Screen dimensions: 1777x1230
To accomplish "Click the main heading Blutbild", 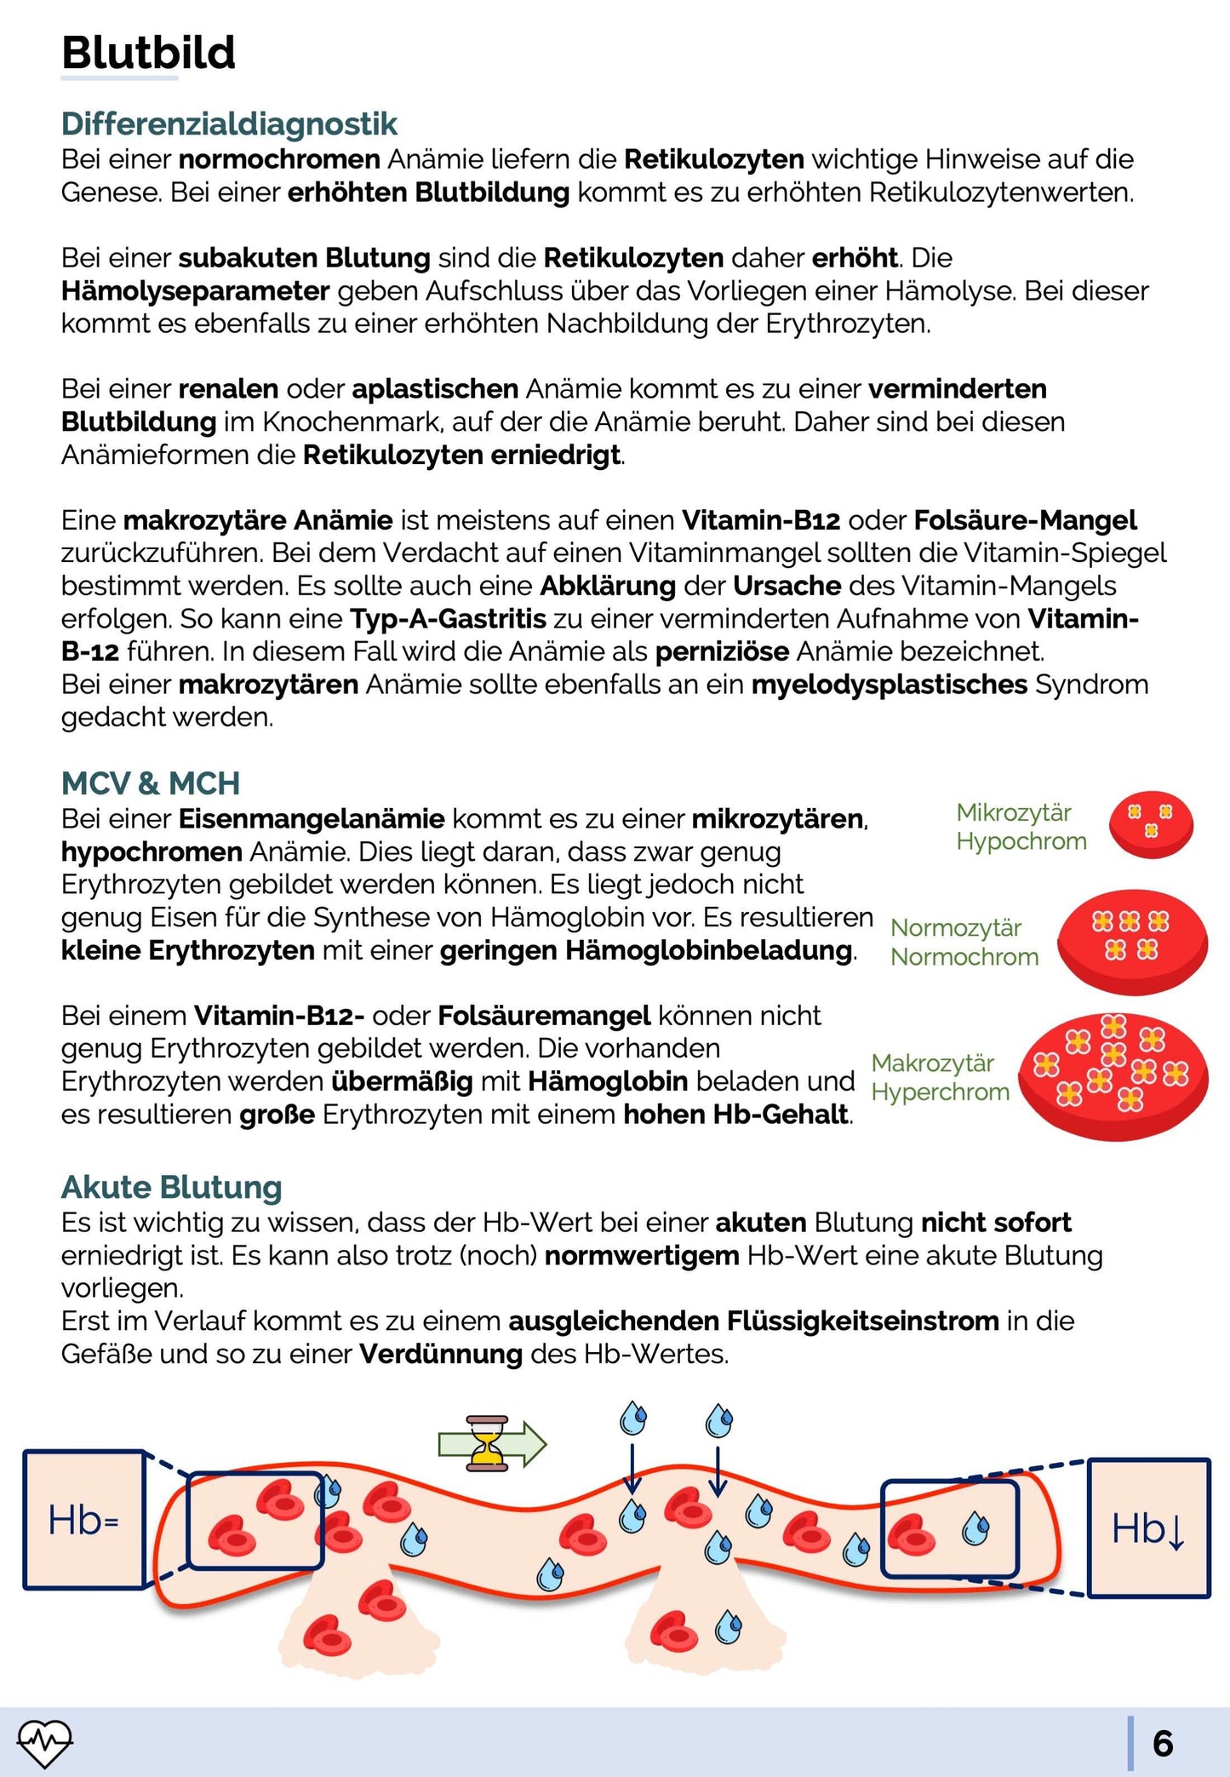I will coord(148,53).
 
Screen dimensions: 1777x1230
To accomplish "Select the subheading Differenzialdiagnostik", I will coord(229,124).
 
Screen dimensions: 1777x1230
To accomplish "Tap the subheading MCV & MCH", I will coord(151,783).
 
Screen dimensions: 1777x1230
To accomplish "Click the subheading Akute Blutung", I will coord(171,1187).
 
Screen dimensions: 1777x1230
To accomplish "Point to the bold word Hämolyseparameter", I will coord(195,291).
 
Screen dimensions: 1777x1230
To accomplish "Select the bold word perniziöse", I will coord(722,652).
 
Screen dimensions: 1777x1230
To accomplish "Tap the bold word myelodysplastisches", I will coord(889,685).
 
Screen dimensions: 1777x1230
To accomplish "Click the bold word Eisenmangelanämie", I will coord(312,819).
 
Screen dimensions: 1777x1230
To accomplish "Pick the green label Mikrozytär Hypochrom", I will coord(1021,827).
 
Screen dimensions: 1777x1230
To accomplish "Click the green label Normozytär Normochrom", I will coord(964,943).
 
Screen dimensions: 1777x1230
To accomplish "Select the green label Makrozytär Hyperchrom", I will coord(940,1078).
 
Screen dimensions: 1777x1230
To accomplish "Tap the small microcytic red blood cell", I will coord(1151,823).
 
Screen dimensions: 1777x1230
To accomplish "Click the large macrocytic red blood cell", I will coord(1113,1076).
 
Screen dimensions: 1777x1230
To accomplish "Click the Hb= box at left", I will coord(83,1520).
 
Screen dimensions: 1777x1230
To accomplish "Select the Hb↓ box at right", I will coord(1148,1528).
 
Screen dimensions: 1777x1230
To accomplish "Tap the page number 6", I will coord(1163,1744).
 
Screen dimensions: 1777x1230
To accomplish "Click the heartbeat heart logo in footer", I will coord(45,1742).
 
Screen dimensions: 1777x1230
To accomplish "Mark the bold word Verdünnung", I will coord(440,1354).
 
